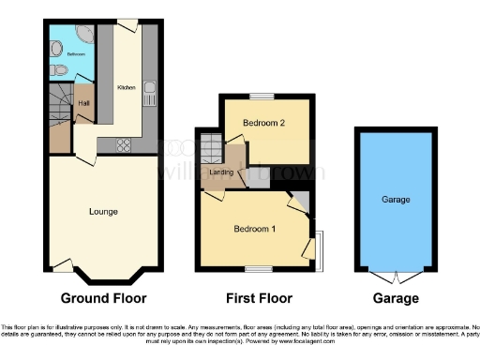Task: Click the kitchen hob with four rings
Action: point(121,144)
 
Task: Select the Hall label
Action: point(83,103)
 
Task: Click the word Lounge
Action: point(103,212)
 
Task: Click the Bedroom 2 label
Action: point(263,124)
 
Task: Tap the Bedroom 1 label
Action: point(254,227)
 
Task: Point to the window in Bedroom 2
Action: point(262,97)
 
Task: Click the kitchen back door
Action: point(125,22)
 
